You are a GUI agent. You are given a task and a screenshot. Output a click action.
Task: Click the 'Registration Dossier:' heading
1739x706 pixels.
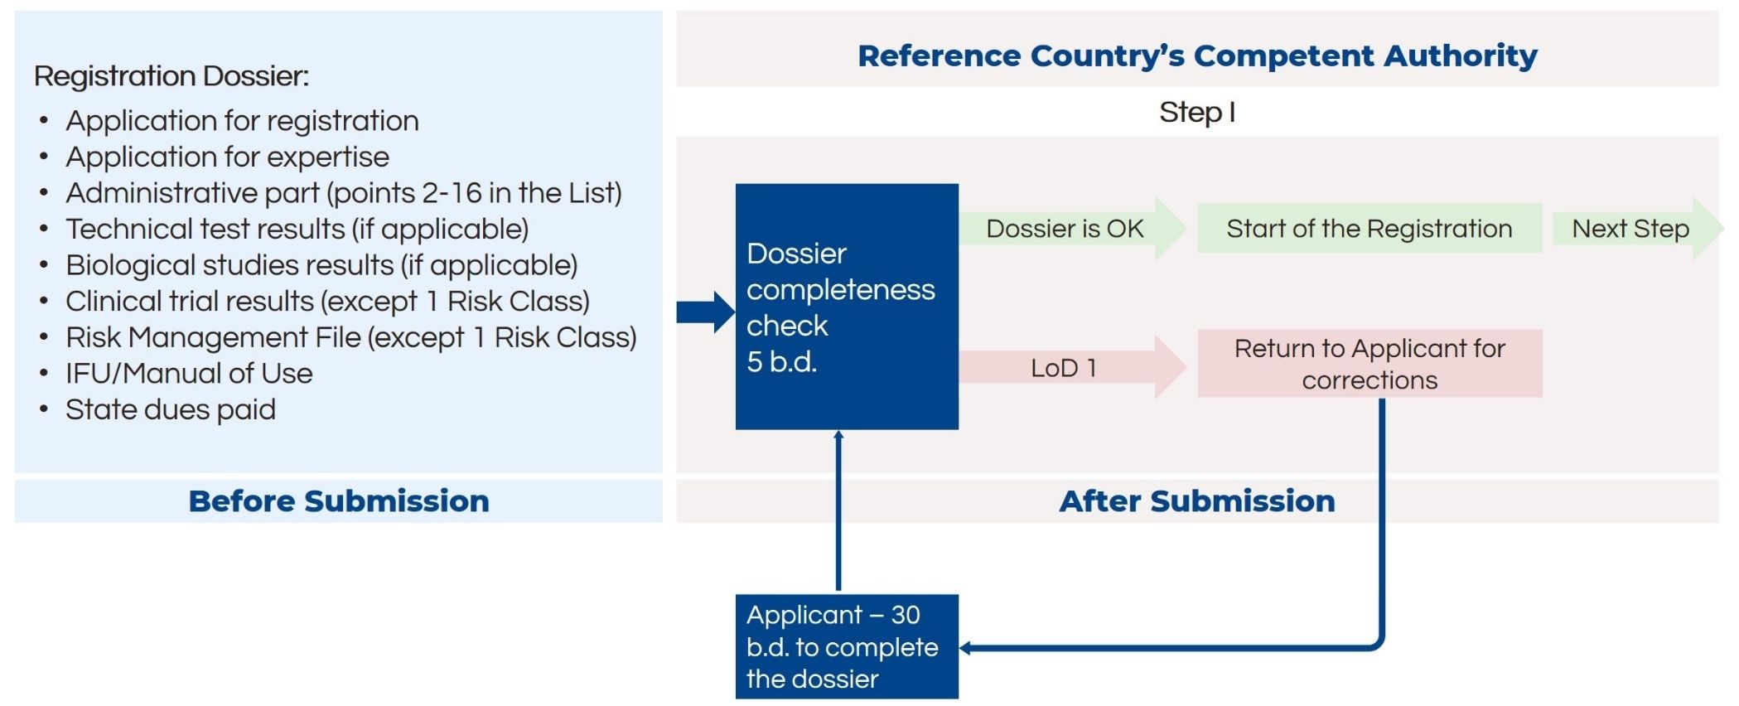coord(171,76)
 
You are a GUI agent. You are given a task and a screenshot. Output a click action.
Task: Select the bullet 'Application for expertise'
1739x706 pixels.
coord(227,157)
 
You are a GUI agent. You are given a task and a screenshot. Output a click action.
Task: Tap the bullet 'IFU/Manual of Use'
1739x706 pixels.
coord(189,373)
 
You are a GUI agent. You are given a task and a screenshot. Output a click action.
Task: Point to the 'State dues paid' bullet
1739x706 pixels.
coord(171,409)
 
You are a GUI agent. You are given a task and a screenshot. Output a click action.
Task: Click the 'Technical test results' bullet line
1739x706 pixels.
coord(297,229)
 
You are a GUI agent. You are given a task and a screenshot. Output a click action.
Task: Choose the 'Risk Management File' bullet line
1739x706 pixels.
coord(351,337)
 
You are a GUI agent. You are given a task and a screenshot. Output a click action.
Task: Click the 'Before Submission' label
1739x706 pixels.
coord(339,501)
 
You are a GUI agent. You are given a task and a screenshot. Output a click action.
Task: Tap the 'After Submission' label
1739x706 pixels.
coord(1197,501)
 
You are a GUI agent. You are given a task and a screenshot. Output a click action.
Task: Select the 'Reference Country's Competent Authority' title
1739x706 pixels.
coord(1197,56)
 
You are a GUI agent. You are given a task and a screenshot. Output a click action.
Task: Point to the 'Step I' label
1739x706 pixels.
coord(1197,112)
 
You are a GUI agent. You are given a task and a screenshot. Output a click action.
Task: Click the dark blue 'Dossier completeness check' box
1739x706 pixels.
coord(847,307)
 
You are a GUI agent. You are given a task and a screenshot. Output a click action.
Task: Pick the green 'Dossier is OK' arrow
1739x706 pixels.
coord(1073,229)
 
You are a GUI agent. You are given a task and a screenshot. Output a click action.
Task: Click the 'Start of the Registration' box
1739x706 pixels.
coord(1369,229)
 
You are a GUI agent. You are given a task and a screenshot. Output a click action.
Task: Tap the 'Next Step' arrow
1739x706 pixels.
coord(1636,229)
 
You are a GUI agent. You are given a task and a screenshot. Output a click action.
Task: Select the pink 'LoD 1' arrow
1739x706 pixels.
coord(1073,367)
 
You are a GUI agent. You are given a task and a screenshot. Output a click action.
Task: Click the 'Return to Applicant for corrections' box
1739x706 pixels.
coord(1369,364)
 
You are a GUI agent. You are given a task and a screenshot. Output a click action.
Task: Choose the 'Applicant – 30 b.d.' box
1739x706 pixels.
coord(847,646)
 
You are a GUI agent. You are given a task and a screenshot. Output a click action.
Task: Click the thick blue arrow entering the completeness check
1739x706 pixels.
coord(706,312)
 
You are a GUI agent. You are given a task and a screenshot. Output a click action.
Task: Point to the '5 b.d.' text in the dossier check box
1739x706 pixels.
coord(781,362)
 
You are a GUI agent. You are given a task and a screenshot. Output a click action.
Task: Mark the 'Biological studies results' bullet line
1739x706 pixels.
coord(321,265)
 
